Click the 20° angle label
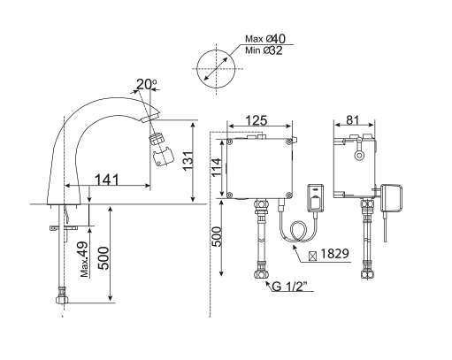(145, 85)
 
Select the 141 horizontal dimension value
(107, 180)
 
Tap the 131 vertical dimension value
(188, 163)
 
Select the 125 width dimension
(257, 119)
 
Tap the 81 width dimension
(352, 119)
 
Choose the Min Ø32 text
(265, 52)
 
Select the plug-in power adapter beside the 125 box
(316, 196)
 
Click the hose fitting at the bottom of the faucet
(62, 295)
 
